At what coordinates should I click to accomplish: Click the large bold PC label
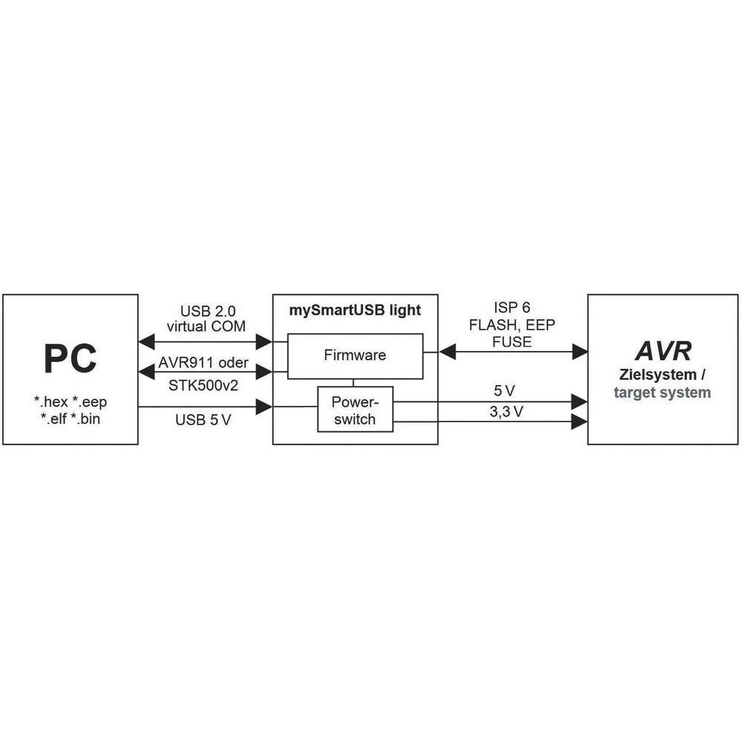[70, 358]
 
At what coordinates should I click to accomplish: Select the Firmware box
[355, 355]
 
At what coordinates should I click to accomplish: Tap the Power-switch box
[355, 410]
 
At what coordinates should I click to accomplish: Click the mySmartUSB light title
[355, 310]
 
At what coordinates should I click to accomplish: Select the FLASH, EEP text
[512, 326]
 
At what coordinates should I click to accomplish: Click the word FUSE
[512, 341]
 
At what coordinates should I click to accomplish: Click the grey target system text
[662, 392]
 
